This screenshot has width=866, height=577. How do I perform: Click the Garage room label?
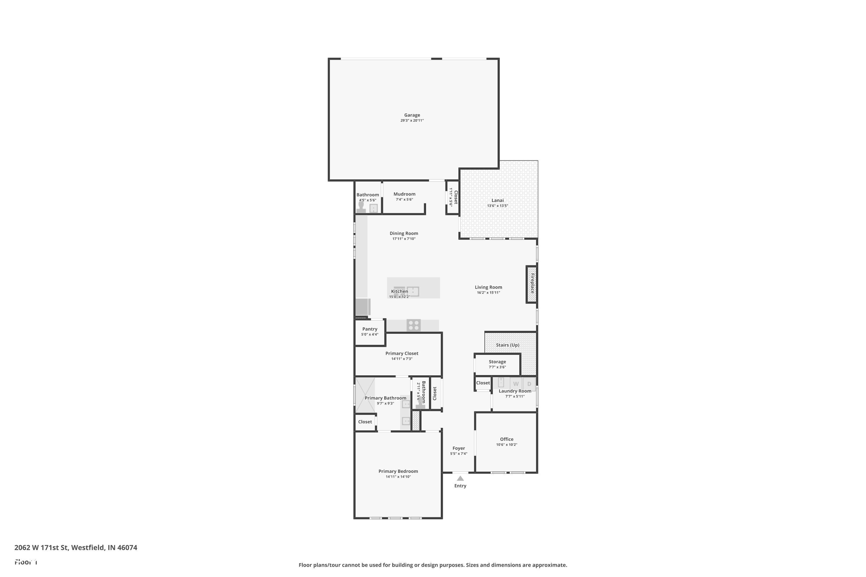tap(412, 115)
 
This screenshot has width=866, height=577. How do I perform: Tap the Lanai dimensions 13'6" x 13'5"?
tap(497, 206)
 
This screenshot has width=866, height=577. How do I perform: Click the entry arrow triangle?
tap(460, 478)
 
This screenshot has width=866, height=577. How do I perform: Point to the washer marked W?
tap(516, 384)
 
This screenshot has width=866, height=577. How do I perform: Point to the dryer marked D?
tap(529, 384)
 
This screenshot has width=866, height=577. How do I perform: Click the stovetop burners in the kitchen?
tap(413, 325)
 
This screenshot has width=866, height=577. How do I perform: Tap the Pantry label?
tap(370, 329)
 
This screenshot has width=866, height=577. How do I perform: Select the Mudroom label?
tap(404, 194)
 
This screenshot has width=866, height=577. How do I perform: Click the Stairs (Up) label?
tap(507, 345)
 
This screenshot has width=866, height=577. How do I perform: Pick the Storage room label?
tap(497, 362)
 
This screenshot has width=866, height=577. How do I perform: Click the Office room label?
tap(507, 439)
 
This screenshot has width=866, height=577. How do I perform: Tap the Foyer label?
tap(458, 448)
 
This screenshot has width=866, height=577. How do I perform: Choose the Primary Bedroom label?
tap(398, 471)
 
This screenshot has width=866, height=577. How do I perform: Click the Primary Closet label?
tap(402, 353)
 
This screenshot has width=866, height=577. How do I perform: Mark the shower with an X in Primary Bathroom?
tap(365, 395)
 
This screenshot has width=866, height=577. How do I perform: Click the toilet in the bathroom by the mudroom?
tap(361, 207)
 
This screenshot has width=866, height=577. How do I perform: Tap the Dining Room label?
tap(404, 233)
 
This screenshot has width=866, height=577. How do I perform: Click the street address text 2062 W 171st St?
tap(75, 548)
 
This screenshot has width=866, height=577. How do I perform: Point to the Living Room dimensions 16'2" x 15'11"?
tap(488, 293)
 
